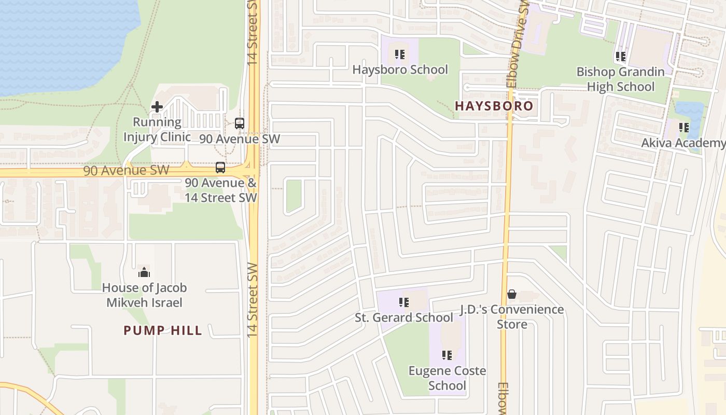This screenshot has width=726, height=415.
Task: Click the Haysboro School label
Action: pyautogui.click(x=400, y=70)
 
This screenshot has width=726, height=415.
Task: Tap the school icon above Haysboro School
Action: pyautogui.click(x=399, y=54)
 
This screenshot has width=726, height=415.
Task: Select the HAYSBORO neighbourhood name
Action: pyautogui.click(x=494, y=106)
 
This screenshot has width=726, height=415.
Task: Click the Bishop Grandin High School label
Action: pyautogui.click(x=620, y=79)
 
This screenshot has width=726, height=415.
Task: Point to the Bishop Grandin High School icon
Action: pyautogui.click(x=620, y=57)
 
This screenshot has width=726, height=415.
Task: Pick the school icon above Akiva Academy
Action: pyautogui.click(x=684, y=128)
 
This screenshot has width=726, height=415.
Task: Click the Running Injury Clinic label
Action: pyautogui.click(x=157, y=130)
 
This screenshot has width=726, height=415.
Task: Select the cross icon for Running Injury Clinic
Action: pyautogui.click(x=157, y=107)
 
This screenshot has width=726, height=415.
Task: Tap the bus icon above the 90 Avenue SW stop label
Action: pyautogui.click(x=240, y=123)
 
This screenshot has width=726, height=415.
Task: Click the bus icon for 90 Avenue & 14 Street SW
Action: pyautogui.click(x=220, y=168)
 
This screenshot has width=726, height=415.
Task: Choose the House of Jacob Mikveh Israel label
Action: pyautogui.click(x=144, y=295)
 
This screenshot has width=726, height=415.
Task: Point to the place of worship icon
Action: pyautogui.click(x=144, y=272)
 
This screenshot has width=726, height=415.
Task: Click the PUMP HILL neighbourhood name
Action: pyautogui.click(x=163, y=330)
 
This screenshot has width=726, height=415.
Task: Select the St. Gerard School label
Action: pyautogui.click(x=403, y=317)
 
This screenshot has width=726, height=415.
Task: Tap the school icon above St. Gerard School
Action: pyautogui.click(x=404, y=302)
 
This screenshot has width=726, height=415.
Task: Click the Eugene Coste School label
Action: pyautogui.click(x=447, y=378)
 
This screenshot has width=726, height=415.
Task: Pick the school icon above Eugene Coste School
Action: pyautogui.click(x=447, y=355)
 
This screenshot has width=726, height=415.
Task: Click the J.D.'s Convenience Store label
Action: pyautogui.click(x=512, y=317)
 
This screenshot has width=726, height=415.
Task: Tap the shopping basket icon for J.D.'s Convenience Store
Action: pyautogui.click(x=512, y=294)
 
